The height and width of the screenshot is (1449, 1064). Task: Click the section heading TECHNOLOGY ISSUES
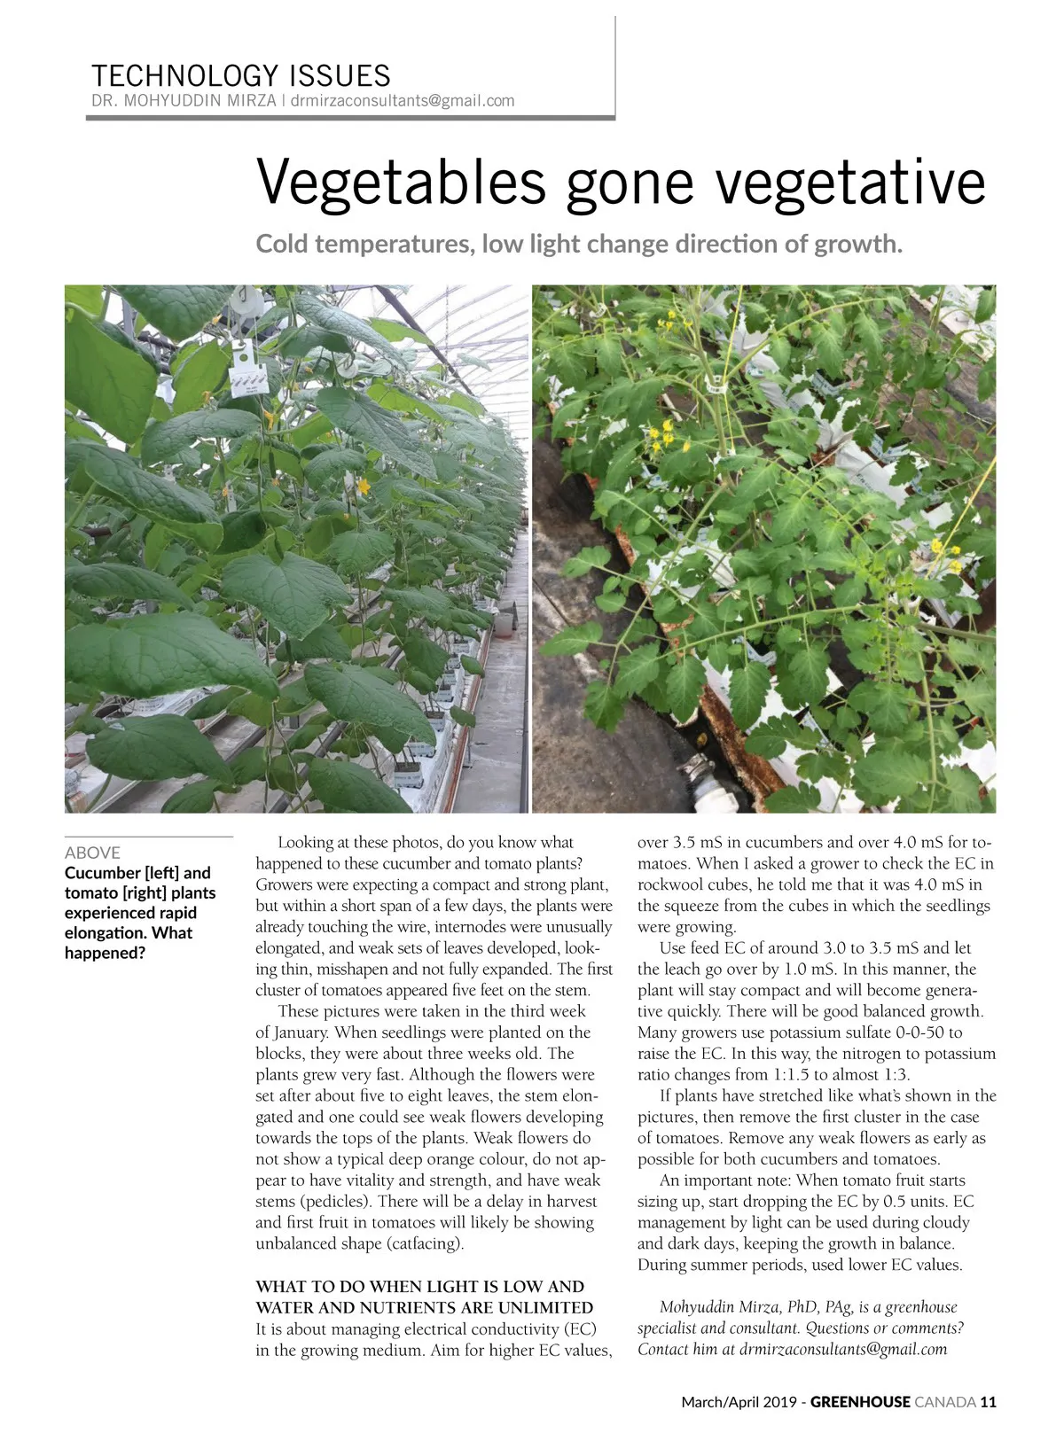tap(240, 74)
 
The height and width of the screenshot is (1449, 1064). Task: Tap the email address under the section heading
tap(403, 100)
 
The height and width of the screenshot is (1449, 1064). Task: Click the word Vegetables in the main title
tap(401, 182)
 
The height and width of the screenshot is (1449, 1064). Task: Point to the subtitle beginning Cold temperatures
tap(578, 243)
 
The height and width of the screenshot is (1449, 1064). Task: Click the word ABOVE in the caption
tap(92, 853)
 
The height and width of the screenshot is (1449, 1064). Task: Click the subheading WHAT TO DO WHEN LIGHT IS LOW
tap(419, 1286)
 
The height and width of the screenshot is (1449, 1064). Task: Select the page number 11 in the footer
tap(989, 1402)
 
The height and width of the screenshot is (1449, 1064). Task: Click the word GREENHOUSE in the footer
tap(860, 1402)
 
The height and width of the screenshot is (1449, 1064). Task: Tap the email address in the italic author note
tap(842, 1350)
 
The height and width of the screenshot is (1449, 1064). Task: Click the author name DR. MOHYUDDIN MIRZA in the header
tap(184, 100)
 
